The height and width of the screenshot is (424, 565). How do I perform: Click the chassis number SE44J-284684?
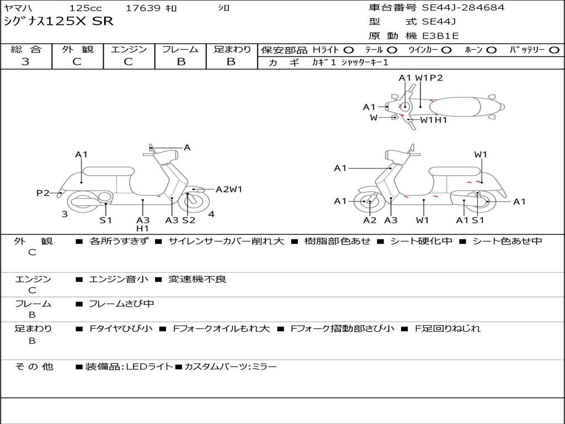[x=463, y=8]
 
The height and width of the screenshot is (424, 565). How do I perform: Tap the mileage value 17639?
[x=143, y=8]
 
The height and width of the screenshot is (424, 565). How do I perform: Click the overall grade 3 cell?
[x=25, y=62]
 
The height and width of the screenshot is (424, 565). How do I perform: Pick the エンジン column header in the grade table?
[x=129, y=50]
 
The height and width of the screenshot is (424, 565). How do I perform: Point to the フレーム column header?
[x=180, y=50]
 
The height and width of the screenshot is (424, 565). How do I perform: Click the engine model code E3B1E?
[x=441, y=36]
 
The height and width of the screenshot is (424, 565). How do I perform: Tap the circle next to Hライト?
[x=349, y=50]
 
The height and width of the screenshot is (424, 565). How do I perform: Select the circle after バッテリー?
[x=554, y=50]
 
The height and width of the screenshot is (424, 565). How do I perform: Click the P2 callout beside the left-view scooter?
[x=42, y=193]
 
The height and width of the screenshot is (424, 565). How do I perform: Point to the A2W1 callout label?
[x=228, y=189]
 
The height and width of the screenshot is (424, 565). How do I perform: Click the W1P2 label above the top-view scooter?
[x=429, y=78]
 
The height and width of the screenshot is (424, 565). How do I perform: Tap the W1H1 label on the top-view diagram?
[x=434, y=120]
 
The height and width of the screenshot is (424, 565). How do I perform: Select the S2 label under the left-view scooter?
[x=189, y=220]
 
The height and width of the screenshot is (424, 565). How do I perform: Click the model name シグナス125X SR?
[x=58, y=22]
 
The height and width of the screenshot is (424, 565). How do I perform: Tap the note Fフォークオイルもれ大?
[x=221, y=328]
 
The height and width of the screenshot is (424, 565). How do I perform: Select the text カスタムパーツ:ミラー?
[x=230, y=367]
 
